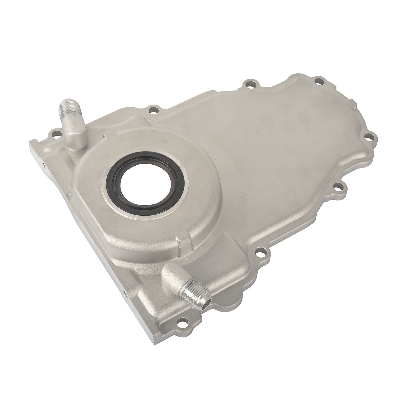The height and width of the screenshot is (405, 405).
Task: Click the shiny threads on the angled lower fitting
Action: point(195,294)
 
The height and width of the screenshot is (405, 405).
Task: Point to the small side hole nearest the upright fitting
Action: point(43,165)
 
